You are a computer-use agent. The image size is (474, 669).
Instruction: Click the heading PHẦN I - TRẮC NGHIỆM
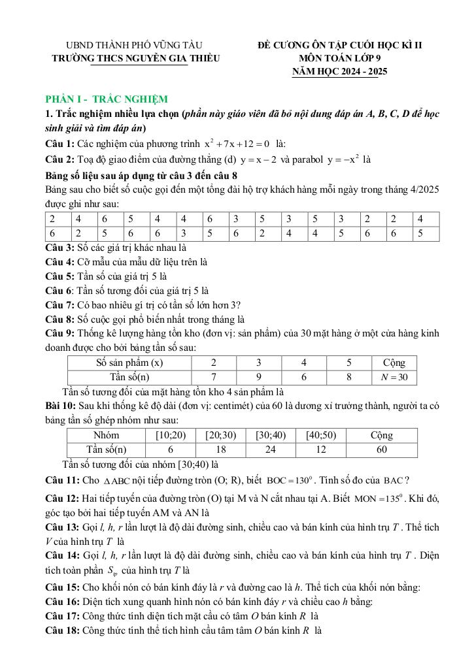107,99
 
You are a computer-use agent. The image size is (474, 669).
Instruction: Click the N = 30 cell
394,377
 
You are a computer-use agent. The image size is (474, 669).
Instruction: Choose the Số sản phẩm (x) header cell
129,363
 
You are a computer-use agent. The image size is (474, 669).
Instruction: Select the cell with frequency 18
221,449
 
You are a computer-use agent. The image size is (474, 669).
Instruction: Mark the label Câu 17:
63,615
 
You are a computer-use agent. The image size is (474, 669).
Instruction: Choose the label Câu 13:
63,527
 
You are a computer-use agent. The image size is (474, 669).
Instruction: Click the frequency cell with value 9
258,377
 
